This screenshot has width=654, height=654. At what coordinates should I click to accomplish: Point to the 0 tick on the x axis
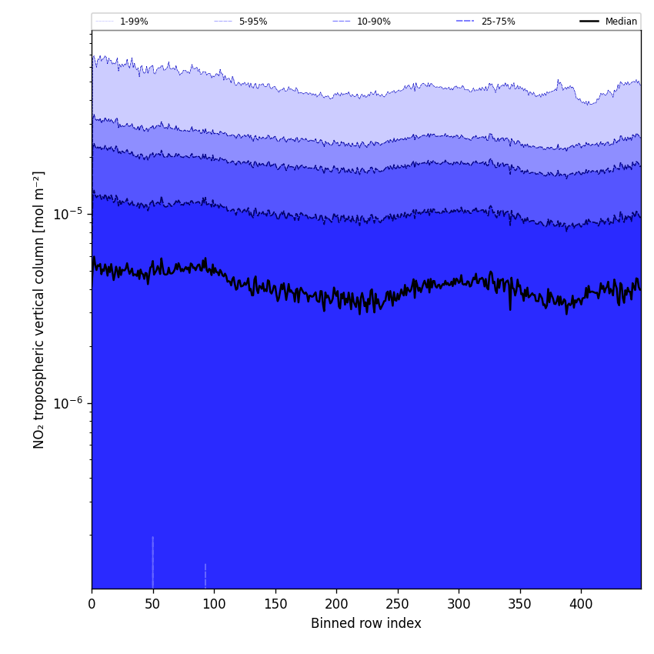(x=92, y=605)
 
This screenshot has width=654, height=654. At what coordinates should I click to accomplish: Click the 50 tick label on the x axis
(x=152, y=605)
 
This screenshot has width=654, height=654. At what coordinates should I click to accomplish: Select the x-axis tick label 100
(x=214, y=605)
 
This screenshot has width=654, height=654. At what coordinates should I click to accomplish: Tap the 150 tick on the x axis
(x=275, y=605)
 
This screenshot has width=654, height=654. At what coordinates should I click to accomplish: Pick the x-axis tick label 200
(x=336, y=605)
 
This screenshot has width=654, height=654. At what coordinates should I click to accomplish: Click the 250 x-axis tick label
(x=398, y=605)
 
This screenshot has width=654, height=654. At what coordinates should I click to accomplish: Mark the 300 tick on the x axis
(x=459, y=605)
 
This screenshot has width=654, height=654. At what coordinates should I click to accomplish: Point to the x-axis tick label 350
(x=520, y=605)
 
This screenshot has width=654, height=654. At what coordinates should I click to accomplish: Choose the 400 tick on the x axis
(x=581, y=605)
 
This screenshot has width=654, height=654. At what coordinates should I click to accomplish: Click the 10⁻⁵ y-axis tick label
(x=68, y=214)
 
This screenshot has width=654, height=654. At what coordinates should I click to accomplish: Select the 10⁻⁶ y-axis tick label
(x=68, y=403)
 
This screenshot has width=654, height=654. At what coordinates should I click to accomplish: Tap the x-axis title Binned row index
(x=366, y=623)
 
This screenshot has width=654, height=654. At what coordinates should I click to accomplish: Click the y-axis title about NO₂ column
(x=39, y=309)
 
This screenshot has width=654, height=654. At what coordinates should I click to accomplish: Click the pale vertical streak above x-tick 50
(x=152, y=562)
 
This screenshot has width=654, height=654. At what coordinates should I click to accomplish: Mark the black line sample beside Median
(x=589, y=22)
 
